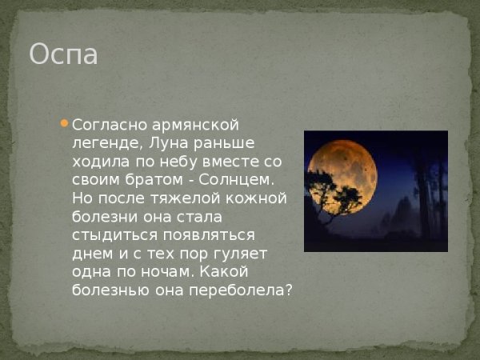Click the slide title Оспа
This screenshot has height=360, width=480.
click(x=63, y=55)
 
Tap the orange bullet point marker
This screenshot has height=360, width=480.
click(x=64, y=123)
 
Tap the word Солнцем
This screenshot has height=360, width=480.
click(x=240, y=180)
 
